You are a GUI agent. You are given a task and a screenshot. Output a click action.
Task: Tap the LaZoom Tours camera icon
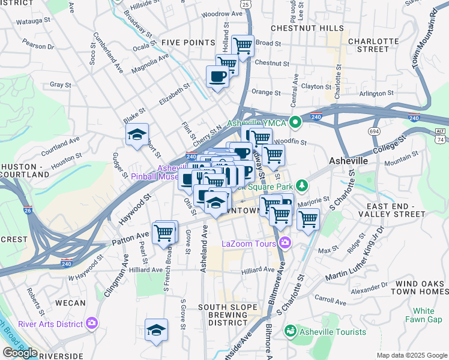point(285,243)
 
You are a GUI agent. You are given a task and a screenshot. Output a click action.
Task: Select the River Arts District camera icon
point(92,323)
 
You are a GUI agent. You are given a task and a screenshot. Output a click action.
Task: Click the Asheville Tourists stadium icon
point(291,331)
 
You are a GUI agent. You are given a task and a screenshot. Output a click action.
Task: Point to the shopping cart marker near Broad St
point(243,45)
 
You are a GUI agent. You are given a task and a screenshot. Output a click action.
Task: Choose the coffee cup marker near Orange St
point(217,76)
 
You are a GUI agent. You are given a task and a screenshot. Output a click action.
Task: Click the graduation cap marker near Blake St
point(137,134)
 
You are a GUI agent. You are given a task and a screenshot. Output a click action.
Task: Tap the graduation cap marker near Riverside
point(156,329)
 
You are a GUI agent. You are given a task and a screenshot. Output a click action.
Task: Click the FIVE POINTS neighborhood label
point(188,43)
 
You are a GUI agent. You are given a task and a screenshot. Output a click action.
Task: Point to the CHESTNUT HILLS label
point(307,28)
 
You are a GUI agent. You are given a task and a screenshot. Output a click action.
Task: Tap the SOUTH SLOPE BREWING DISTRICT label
point(231,314)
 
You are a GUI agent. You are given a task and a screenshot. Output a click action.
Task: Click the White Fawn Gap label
point(423,315)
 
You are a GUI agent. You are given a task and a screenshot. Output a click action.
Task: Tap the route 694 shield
point(375,130)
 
